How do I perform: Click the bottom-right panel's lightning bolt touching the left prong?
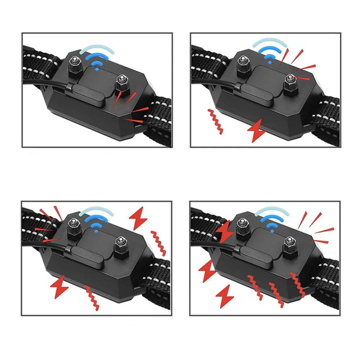(226, 231)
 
